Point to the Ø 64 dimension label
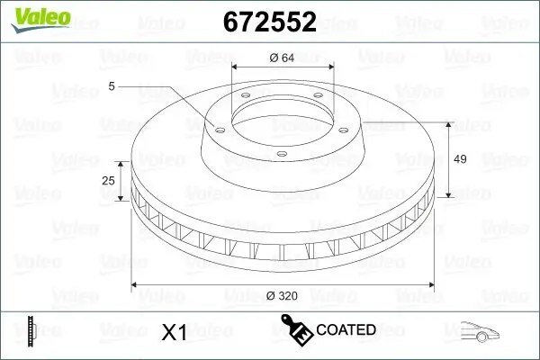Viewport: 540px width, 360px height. click(x=282, y=58)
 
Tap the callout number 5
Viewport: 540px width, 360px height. click(x=112, y=86)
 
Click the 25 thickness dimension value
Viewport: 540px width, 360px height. click(x=109, y=181)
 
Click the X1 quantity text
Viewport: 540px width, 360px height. click(x=173, y=333)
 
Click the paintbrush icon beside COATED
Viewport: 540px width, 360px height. click(x=296, y=329)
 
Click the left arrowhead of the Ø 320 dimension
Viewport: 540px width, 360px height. click(x=137, y=284)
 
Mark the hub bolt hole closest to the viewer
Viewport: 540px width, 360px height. click(x=281, y=154)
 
